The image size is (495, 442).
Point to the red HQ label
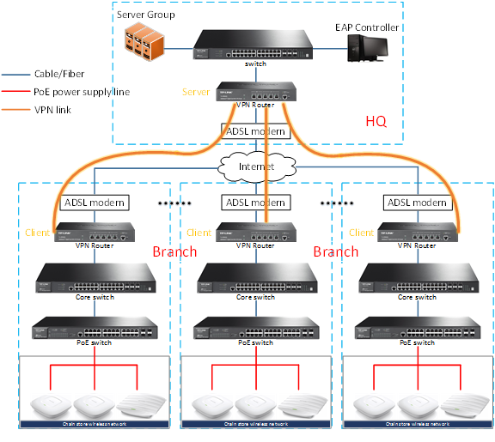click(x=376, y=122)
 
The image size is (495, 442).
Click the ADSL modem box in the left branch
click(x=95, y=203)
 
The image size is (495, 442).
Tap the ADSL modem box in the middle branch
click(x=254, y=203)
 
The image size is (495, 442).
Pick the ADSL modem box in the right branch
click(x=417, y=203)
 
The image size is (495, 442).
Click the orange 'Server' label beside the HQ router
click(x=196, y=92)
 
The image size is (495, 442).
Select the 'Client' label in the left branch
click(x=38, y=233)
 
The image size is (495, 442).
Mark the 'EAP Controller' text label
click(x=367, y=27)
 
